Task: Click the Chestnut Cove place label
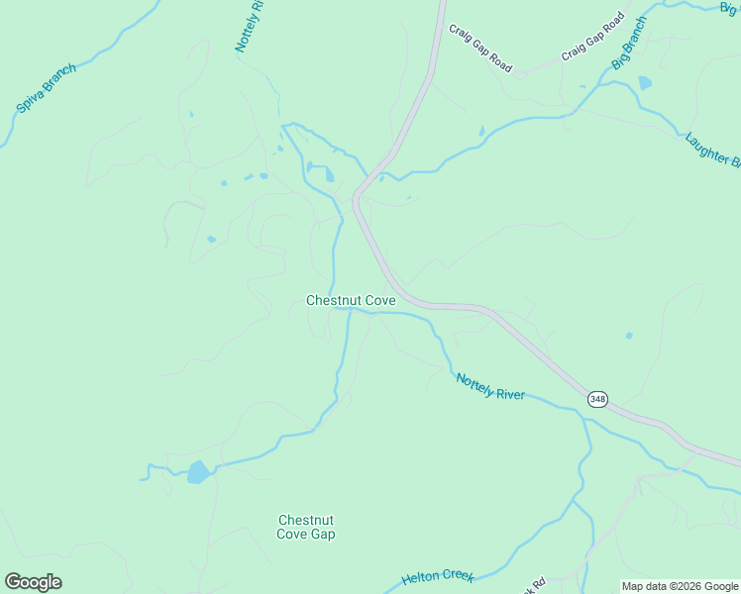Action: click(351, 300)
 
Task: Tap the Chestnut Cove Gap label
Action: click(306, 528)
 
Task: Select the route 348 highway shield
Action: click(597, 398)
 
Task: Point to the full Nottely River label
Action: click(489, 387)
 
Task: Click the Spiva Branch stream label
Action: click(47, 90)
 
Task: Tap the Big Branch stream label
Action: click(629, 43)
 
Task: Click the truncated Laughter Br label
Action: click(712, 148)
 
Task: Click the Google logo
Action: click(33, 582)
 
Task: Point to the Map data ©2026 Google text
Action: click(681, 586)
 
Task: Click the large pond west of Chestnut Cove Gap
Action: click(198, 472)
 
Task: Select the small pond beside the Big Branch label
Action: click(646, 83)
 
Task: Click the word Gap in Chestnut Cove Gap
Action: click(322, 535)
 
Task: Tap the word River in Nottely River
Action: click(508, 394)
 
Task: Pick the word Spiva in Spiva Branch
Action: click(30, 101)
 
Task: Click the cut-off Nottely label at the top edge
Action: click(250, 27)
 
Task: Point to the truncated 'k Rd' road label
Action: click(537, 586)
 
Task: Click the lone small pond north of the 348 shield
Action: click(629, 336)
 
